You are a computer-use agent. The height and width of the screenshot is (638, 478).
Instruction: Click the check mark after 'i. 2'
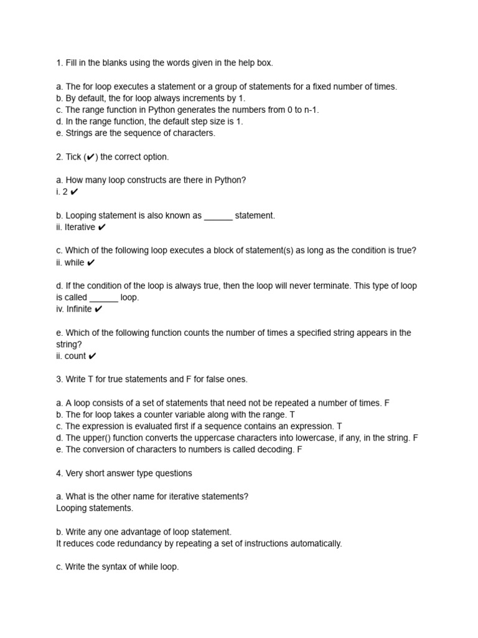(x=75, y=192)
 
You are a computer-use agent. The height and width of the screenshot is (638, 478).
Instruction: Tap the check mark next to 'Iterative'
(x=102, y=227)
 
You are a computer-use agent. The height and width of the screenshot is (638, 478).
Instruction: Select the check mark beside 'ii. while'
(x=91, y=263)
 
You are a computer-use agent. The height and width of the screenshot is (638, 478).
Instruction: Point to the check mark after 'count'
(x=92, y=356)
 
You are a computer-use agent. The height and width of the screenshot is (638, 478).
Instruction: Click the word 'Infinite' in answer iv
(x=78, y=309)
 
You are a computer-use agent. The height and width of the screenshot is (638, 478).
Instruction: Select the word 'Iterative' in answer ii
(x=80, y=227)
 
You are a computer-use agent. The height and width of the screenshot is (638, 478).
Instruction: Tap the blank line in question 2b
(x=218, y=216)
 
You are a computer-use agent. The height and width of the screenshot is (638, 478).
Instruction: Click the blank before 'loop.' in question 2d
(x=103, y=298)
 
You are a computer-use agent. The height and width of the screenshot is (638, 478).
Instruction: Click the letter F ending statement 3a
(x=387, y=403)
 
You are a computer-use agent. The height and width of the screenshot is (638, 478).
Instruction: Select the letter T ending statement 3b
(x=293, y=414)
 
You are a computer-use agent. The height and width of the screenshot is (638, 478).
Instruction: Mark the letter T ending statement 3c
(x=339, y=426)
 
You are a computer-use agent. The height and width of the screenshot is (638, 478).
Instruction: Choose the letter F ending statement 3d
(x=415, y=438)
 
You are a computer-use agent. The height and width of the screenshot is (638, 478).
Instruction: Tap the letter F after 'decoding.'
(x=299, y=450)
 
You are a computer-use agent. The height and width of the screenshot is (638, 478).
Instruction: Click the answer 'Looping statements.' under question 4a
(x=95, y=508)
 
